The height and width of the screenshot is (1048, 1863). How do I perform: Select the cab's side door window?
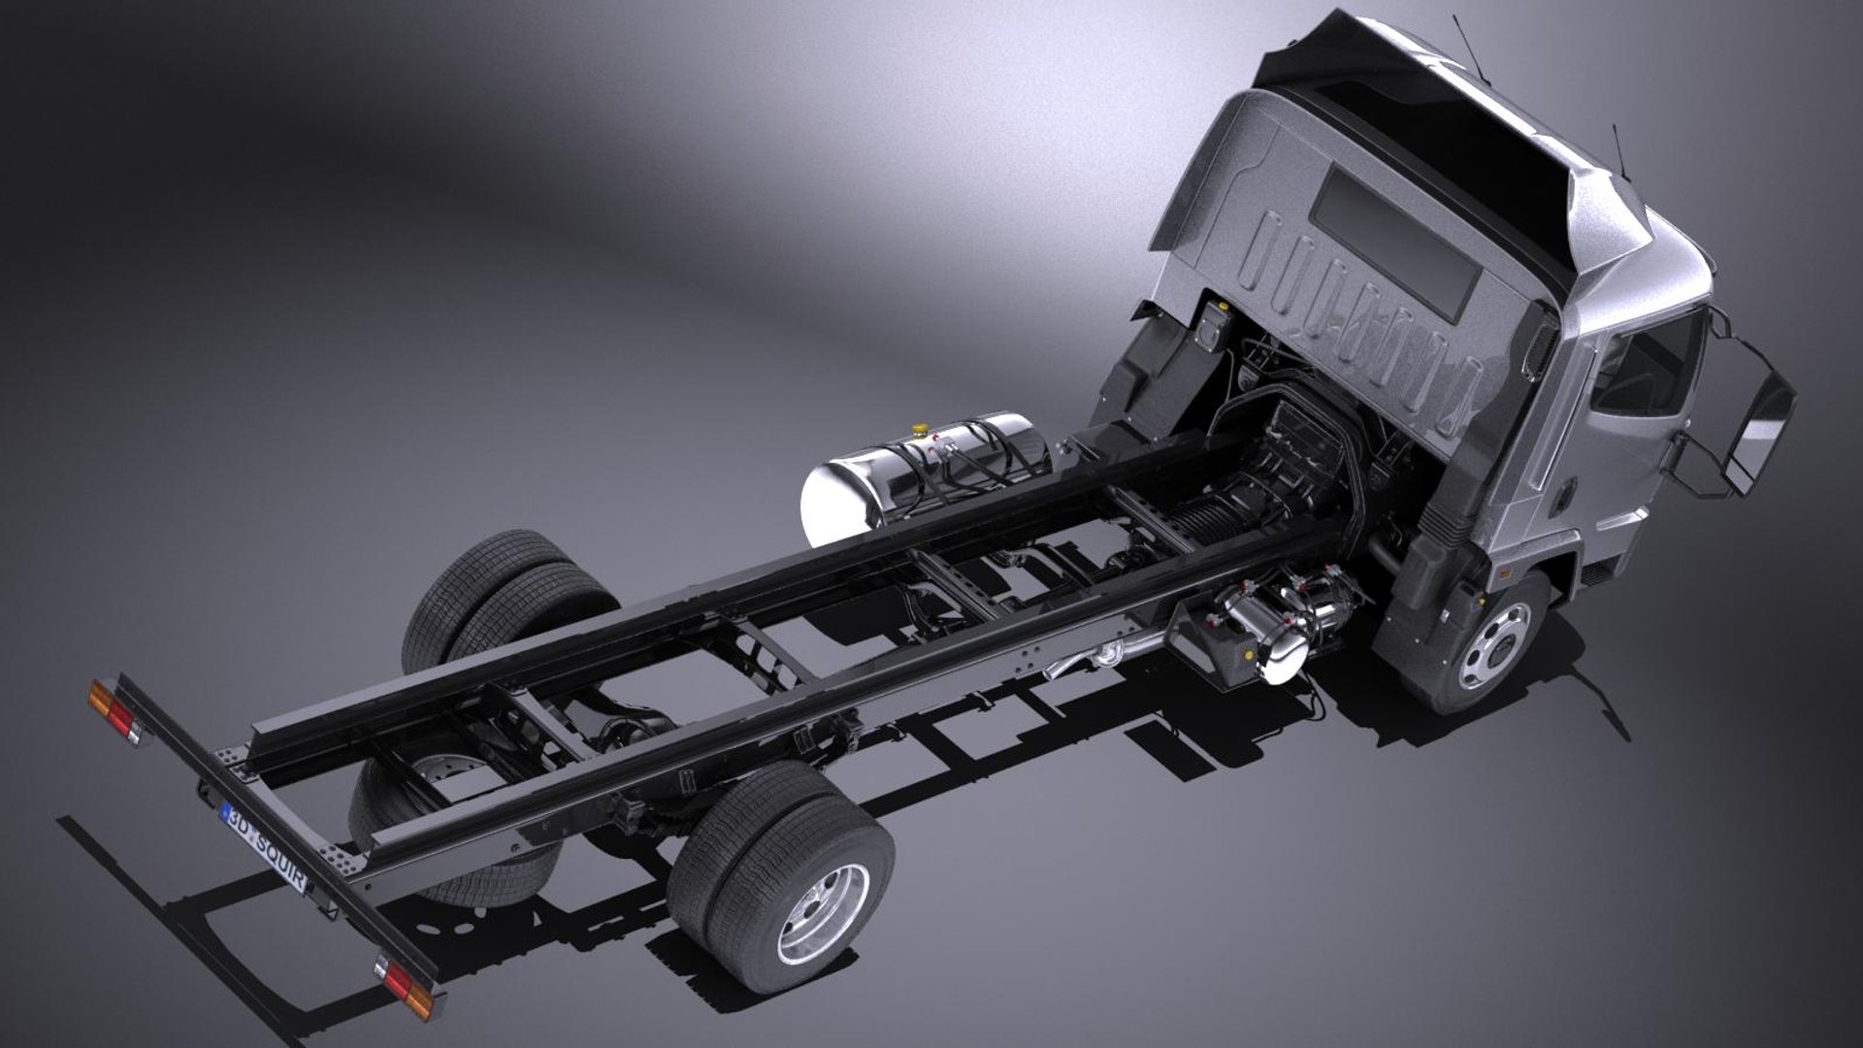1650,364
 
